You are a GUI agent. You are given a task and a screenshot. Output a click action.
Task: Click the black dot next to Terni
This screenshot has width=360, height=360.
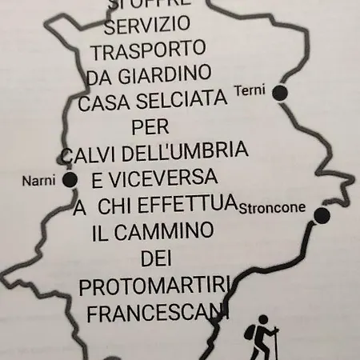tap(280, 93)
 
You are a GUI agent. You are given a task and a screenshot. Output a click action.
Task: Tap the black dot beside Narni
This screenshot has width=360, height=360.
tap(70, 180)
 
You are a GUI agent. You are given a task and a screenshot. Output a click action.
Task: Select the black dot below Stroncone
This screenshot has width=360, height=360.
tap(322, 215)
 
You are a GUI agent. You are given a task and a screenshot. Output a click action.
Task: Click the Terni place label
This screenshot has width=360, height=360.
tap(247, 90)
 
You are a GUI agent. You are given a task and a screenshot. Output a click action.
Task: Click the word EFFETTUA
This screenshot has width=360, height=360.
tap(194, 207)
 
